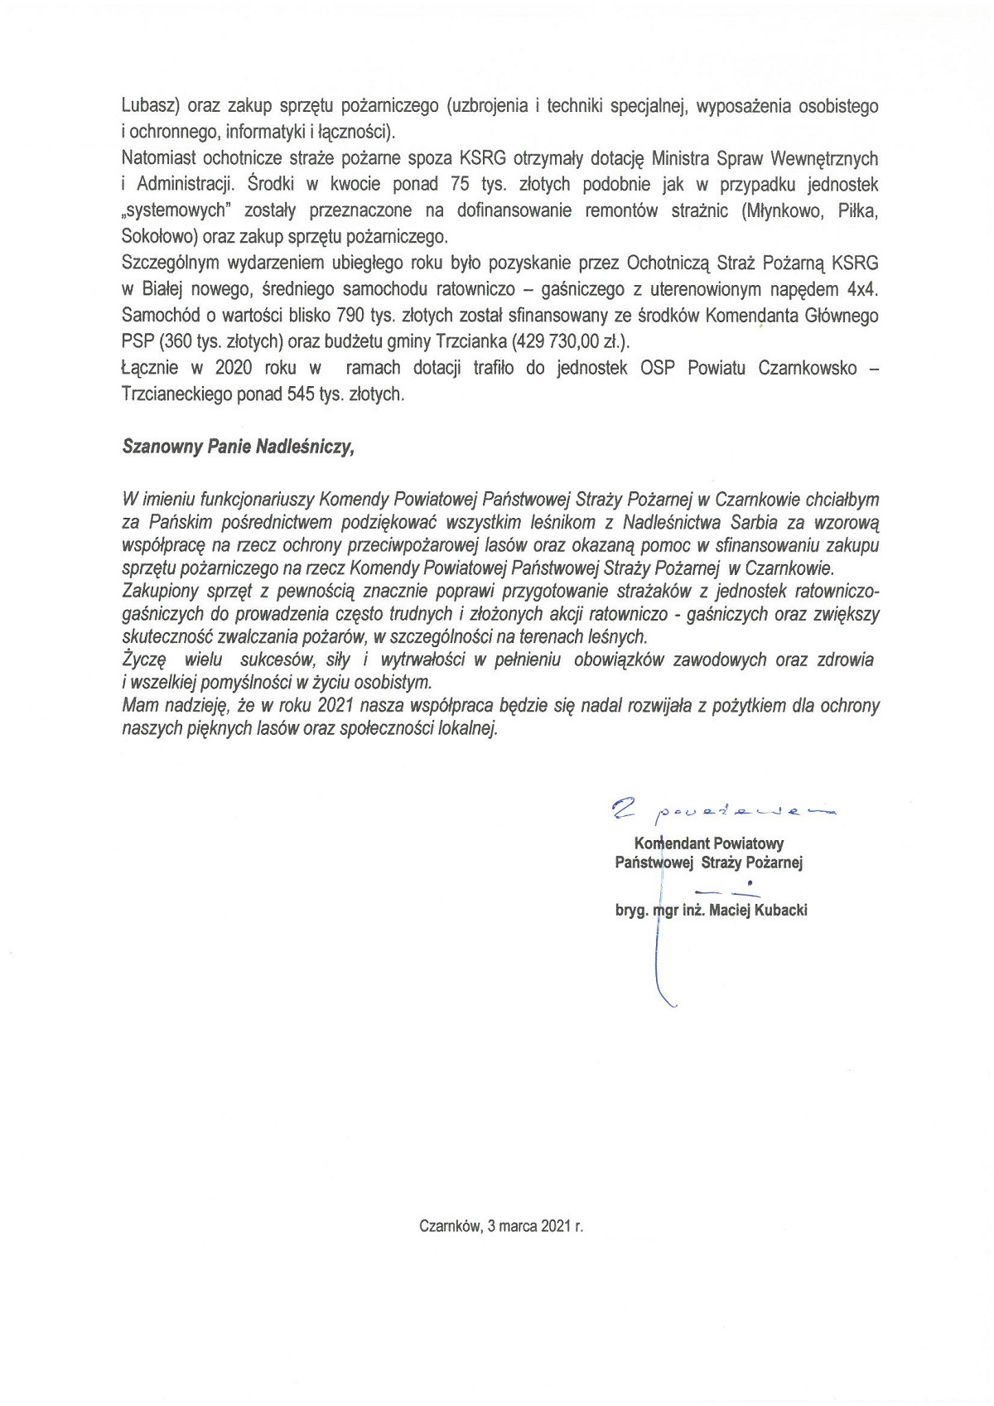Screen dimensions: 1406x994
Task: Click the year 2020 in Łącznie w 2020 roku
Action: tap(234, 369)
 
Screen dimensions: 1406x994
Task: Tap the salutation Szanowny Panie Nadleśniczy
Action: tap(238, 447)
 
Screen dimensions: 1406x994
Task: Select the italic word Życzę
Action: tap(145, 660)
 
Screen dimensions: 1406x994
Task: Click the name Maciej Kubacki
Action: tap(760, 911)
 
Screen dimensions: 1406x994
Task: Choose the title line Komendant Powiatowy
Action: tap(709, 843)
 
